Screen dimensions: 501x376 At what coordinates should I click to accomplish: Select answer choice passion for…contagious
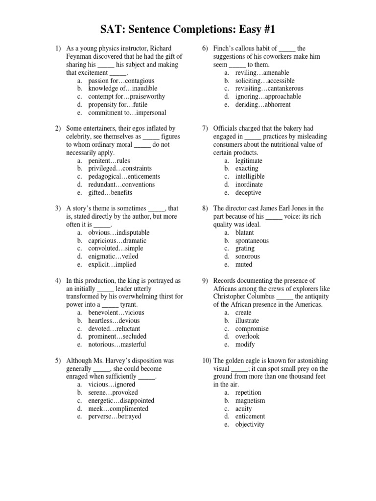tap(121, 81)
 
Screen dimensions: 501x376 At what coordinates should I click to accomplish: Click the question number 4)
tap(58, 281)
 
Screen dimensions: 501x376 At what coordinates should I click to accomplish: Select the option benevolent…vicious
tap(116, 313)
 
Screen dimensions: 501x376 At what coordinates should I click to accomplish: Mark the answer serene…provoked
tap(113, 392)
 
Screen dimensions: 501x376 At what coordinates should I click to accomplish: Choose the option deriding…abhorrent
tap(262, 105)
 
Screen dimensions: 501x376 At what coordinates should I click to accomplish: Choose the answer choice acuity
tap(244, 409)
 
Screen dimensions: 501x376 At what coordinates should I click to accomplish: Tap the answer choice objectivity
tap(250, 424)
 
